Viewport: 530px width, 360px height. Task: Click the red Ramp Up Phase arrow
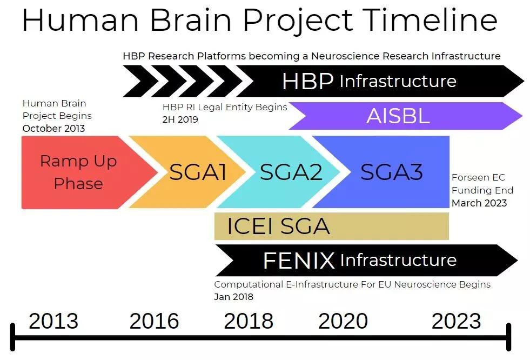point(78,172)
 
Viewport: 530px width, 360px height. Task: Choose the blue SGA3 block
point(392,172)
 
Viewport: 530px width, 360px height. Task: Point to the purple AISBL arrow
point(398,116)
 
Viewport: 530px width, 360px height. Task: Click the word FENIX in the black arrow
point(299,261)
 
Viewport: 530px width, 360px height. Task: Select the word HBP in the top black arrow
point(307,81)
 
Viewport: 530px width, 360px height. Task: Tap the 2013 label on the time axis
point(53,321)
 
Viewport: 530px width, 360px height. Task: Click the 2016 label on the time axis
point(154,321)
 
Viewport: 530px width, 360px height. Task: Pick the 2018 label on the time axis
point(249,321)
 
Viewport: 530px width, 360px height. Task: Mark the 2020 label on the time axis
point(343,321)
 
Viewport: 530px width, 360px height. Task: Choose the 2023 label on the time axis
point(456,321)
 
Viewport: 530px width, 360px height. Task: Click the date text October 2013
point(53,129)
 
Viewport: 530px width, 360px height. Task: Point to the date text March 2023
point(479,203)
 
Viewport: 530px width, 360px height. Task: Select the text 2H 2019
point(180,119)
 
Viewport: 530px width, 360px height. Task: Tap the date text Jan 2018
point(233,297)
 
